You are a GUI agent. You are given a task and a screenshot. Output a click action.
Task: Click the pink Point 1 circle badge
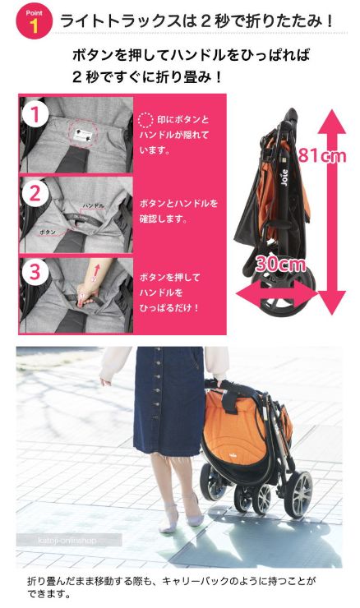(x=34, y=21)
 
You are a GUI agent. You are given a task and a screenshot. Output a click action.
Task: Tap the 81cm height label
(x=322, y=155)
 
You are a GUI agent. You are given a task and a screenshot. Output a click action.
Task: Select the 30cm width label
(x=280, y=264)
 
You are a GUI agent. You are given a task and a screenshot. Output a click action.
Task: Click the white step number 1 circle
(x=35, y=114)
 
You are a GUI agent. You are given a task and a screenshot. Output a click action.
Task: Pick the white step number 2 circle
(x=35, y=193)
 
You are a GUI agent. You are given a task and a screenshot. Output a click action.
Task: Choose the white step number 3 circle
(x=35, y=271)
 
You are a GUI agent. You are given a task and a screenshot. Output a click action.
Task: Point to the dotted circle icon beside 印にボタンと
(x=145, y=120)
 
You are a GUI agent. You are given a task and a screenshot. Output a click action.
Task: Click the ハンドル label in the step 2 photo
(x=93, y=205)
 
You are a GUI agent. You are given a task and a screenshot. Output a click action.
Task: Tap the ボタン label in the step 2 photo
(x=48, y=232)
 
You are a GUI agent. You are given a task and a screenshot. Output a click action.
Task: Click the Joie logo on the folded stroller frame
(x=284, y=177)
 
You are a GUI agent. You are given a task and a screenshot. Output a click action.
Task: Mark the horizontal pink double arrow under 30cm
(x=277, y=295)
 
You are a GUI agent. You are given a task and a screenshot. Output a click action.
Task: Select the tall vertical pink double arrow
(x=332, y=212)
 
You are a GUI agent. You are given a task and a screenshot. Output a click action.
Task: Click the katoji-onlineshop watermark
(x=67, y=540)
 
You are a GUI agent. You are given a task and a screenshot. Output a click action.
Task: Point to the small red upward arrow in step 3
(x=97, y=269)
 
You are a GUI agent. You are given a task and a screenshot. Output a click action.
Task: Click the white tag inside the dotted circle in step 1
(x=84, y=136)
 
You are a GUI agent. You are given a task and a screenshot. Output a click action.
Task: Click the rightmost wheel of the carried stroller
(x=298, y=494)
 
